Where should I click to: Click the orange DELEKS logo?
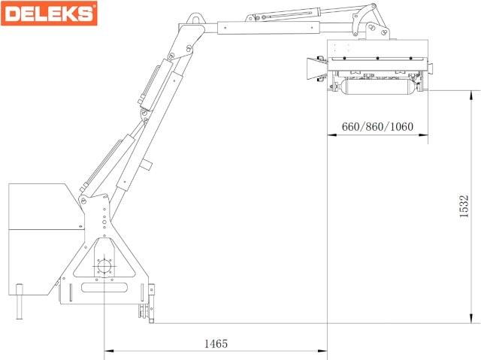[x=49, y=14]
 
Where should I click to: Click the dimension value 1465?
[x=216, y=343]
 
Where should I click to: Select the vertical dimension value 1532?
[x=464, y=206]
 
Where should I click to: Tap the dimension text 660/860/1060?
[x=377, y=126]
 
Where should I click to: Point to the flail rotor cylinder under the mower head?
[x=377, y=86]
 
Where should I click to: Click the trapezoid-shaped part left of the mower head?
[x=313, y=69]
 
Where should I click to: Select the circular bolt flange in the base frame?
[x=104, y=266]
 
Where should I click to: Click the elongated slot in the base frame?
[x=104, y=288]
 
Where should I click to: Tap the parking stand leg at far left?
[x=20, y=301]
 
